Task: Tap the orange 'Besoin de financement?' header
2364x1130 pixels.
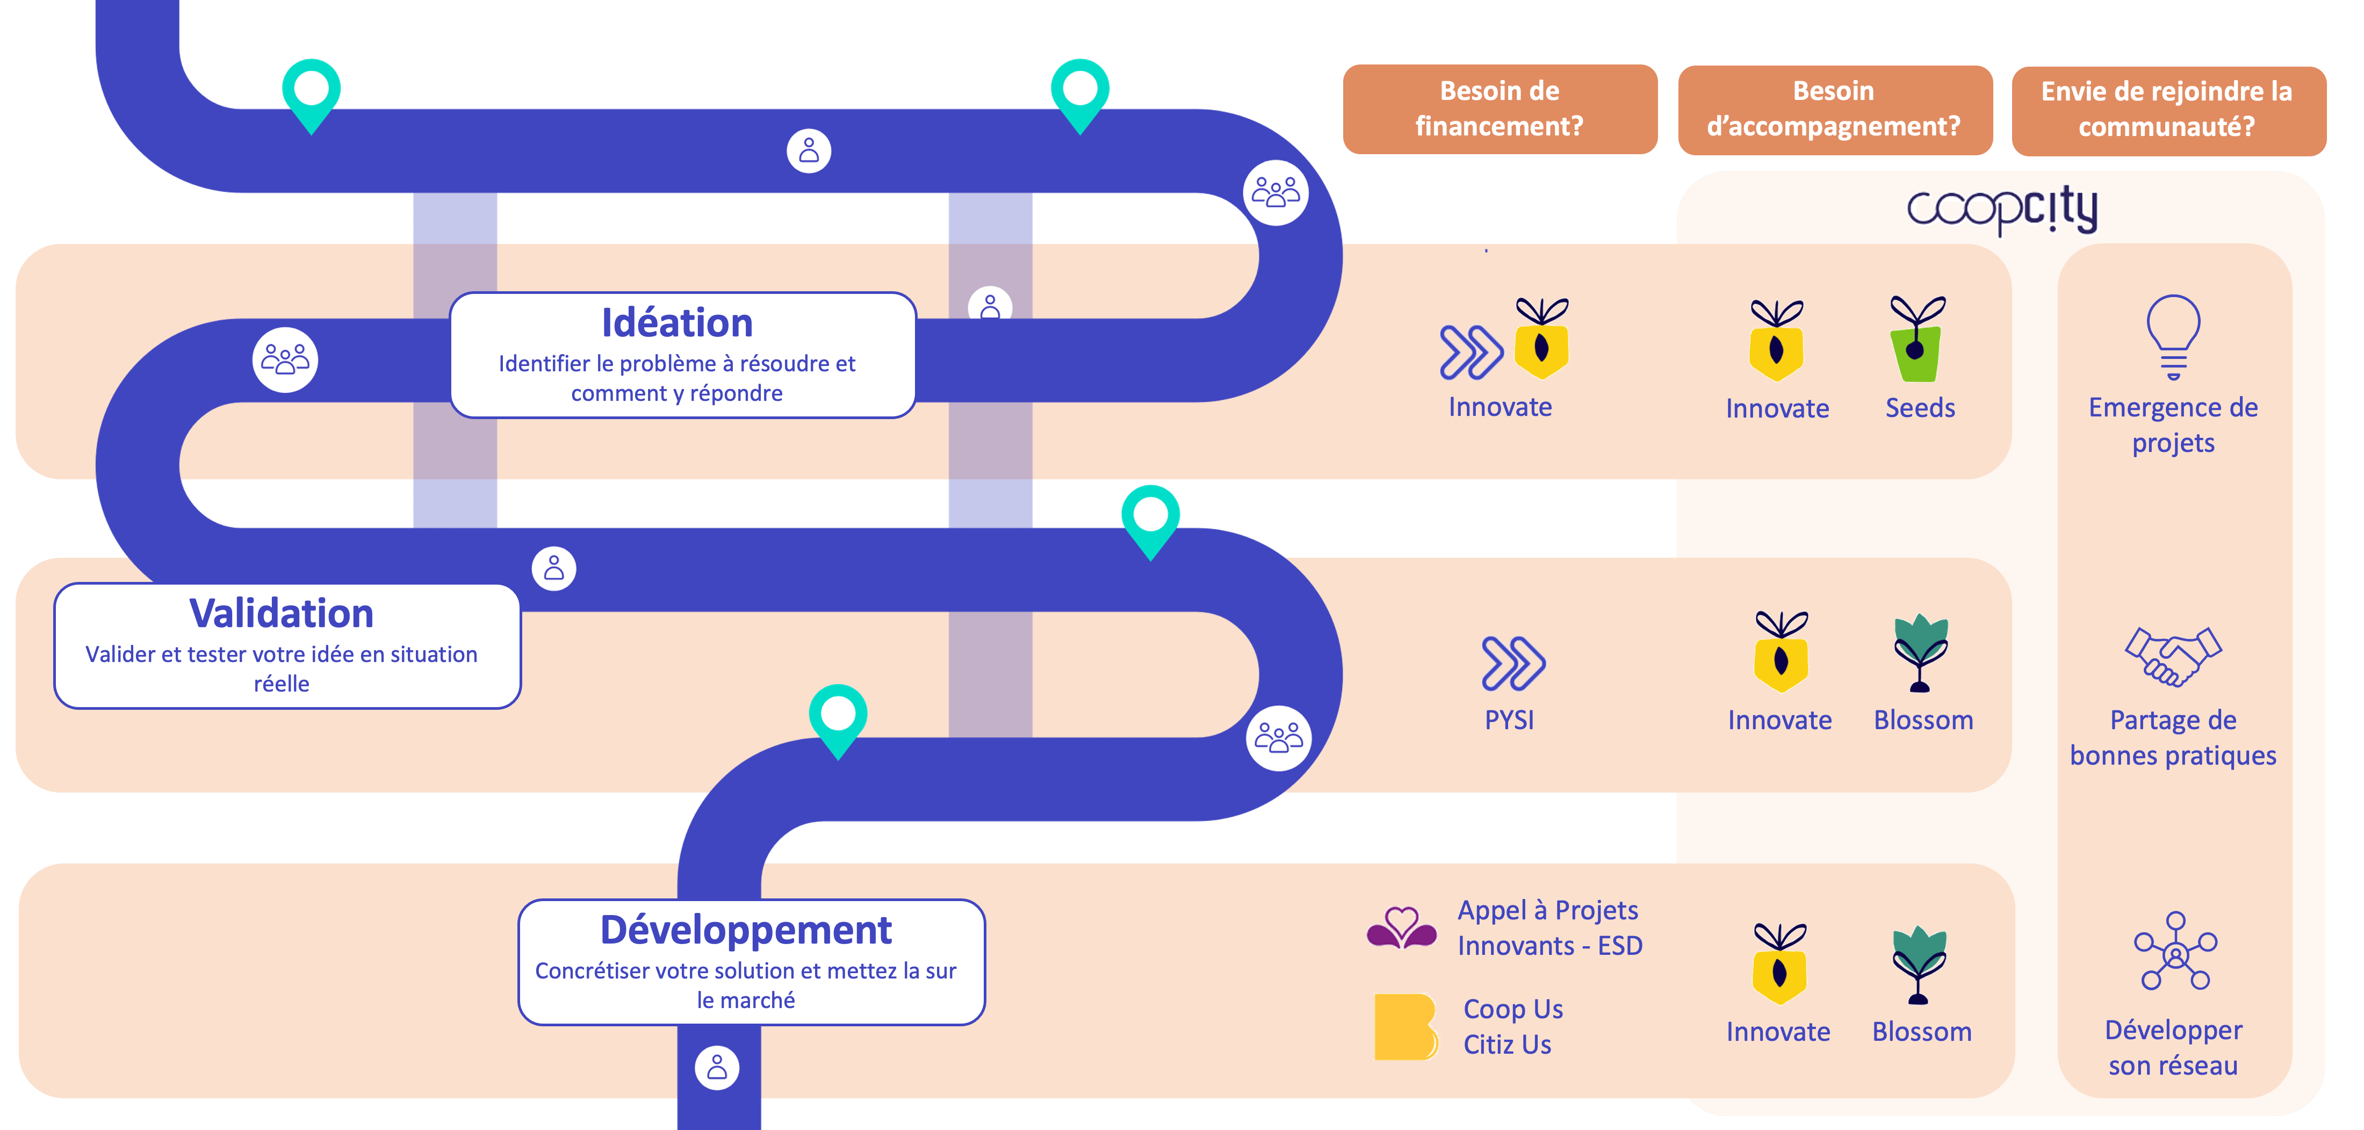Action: pos(1500,109)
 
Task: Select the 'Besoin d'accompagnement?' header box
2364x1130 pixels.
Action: pos(1834,109)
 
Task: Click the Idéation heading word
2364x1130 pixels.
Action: pos(678,323)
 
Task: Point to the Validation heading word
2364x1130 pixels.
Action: pos(282,613)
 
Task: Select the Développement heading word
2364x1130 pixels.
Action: pos(746,930)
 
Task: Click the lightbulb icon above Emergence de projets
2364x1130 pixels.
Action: pos(2173,337)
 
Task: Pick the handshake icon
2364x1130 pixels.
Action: pos(2173,656)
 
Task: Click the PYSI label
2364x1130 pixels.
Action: pos(1510,719)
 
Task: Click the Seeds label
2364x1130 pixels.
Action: pos(1920,408)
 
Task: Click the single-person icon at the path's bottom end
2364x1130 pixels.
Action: pos(718,1068)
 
